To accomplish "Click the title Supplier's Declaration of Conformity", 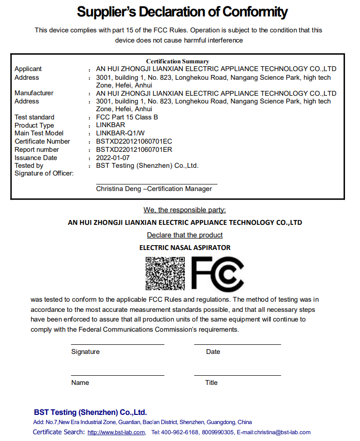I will pos(182,12).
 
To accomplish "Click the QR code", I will pos(165,273).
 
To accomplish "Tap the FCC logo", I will pos(218,273).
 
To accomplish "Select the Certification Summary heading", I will pos(178,61).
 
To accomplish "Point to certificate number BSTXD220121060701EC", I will pos(134,141).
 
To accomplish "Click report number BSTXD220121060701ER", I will pos(134,149).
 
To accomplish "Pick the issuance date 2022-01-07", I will pos(113,158).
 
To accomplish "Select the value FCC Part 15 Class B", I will pos(127,117).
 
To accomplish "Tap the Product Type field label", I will pos(34,125).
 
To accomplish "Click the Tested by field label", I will pos(29,165).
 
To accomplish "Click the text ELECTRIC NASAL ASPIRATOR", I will pos(185,248).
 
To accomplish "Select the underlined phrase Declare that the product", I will pos(185,235).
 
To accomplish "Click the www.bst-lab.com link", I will pos(116,432).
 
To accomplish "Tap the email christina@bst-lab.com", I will pos(282,432).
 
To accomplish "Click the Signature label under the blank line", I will pos(85,352).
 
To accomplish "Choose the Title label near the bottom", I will pos(211,382).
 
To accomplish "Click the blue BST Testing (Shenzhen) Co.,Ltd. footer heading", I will pos(90,412).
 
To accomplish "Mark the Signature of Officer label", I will pos(44,173).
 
